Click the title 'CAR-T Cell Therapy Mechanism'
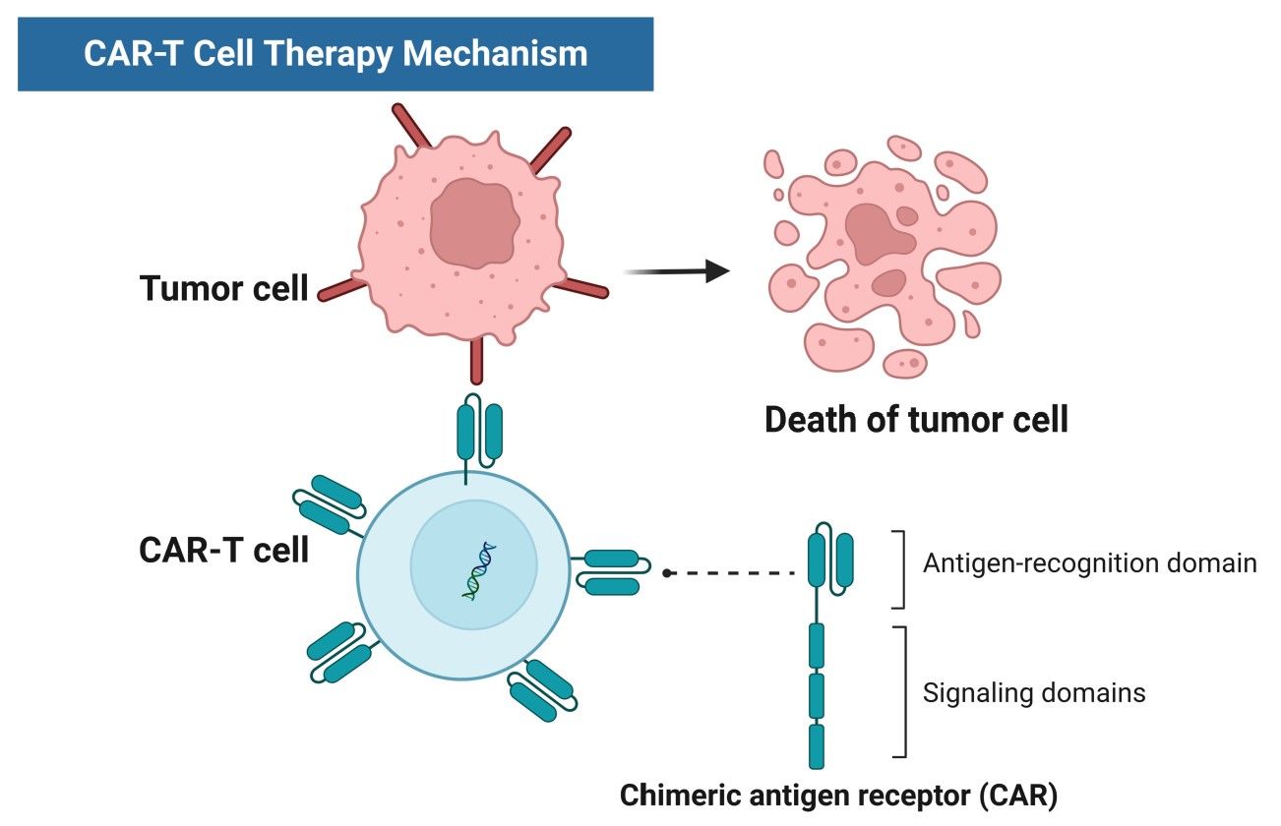(x=335, y=53)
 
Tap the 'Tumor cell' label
(x=223, y=289)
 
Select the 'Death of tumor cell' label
(x=915, y=420)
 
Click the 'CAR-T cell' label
(x=223, y=550)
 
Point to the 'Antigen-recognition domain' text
(x=1089, y=563)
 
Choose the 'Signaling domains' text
(x=1033, y=692)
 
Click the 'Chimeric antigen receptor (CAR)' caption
(x=838, y=796)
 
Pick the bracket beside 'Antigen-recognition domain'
(x=899, y=569)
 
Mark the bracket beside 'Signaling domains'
(x=899, y=692)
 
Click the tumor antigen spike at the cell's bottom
(x=477, y=359)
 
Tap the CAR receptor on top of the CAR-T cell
(x=479, y=430)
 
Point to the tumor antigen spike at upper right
(x=549, y=151)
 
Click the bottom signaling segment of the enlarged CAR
(x=816, y=745)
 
